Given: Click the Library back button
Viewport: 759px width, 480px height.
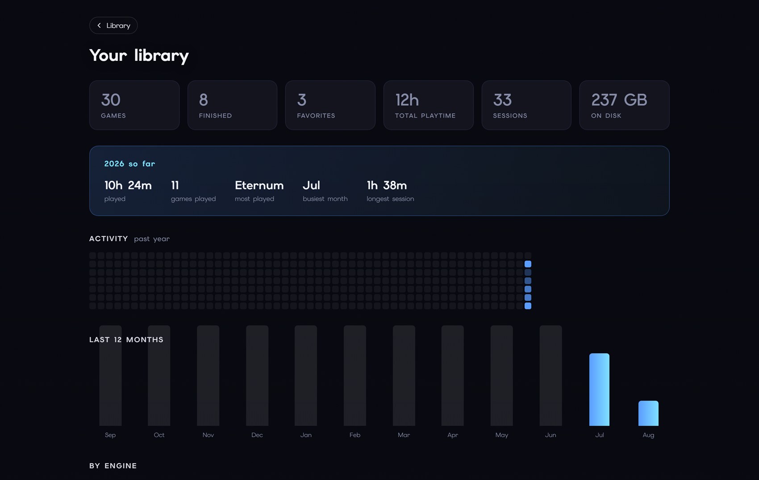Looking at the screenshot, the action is click(113, 25).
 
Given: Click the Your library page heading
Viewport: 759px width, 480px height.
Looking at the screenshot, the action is click(139, 56).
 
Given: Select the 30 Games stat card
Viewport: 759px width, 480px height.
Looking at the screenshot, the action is click(134, 105).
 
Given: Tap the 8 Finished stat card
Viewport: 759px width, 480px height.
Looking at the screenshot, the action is click(233, 105).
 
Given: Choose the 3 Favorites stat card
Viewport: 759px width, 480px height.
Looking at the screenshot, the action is click(330, 105).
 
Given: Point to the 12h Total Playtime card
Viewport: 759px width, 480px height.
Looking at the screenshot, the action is click(428, 105).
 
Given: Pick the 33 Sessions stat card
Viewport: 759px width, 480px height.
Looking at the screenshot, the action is click(526, 105).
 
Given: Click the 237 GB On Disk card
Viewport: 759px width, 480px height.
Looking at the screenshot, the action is click(625, 105).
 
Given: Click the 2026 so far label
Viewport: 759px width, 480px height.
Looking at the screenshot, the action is click(129, 164).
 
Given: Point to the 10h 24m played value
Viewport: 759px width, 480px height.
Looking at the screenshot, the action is click(128, 185).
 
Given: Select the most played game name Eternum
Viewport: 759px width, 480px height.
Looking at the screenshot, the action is click(259, 185).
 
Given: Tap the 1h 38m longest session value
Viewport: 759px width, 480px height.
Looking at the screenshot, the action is click(387, 185).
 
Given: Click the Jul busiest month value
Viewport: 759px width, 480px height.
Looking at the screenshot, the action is click(311, 185).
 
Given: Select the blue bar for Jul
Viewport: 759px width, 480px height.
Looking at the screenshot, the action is click(600, 389).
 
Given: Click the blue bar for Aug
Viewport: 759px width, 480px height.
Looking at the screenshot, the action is click(649, 413).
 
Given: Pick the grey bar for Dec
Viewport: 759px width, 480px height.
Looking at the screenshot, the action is click(257, 376).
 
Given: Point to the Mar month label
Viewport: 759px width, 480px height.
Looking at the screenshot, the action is click(404, 435).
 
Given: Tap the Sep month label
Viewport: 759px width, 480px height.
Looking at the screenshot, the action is click(110, 435).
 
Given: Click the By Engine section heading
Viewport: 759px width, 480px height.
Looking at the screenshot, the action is click(113, 466).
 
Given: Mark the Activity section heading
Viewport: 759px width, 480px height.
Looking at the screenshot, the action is click(108, 238).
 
